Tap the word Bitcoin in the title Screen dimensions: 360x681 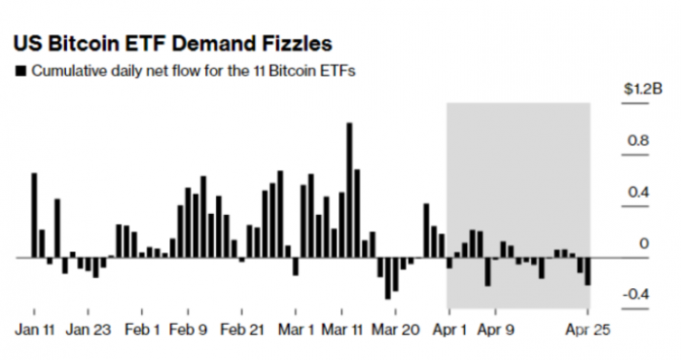tap(93, 44)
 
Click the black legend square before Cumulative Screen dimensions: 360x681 tap(20, 72)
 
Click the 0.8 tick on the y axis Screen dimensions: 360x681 tap(636, 141)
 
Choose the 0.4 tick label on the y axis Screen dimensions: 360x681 tap(636, 193)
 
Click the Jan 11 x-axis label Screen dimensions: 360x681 tap(35, 330)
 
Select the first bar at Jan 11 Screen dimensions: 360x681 tap(34, 215)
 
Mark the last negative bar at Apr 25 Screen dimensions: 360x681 tap(589, 271)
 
